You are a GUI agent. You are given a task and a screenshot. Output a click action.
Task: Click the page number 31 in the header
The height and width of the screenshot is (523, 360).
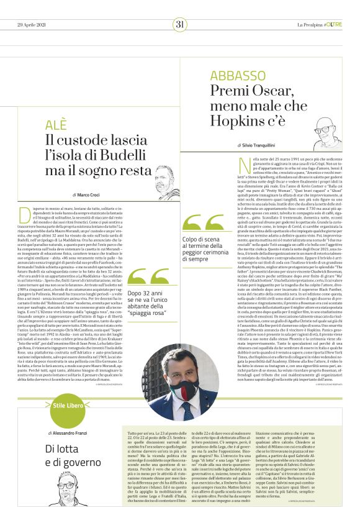(x=180, y=24)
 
